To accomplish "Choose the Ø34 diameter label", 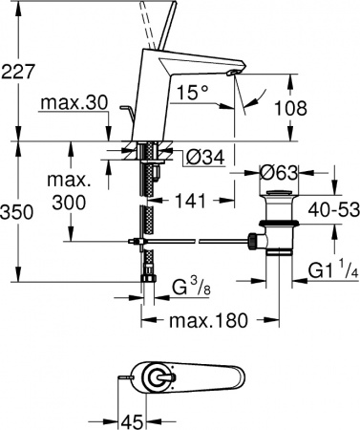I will click(x=199, y=156).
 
